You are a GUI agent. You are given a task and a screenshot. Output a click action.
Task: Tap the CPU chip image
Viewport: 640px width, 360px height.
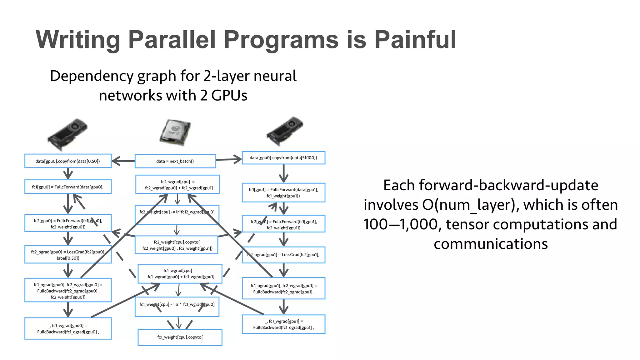pyautogui.click(x=175, y=132)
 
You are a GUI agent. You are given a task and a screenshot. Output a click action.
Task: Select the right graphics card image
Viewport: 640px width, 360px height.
pyautogui.click(x=285, y=131)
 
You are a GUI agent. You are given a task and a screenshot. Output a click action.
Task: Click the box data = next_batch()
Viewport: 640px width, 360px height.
pyautogui.click(x=175, y=161)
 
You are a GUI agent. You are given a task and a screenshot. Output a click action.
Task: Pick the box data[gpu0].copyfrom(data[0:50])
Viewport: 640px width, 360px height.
pyautogui.click(x=68, y=161)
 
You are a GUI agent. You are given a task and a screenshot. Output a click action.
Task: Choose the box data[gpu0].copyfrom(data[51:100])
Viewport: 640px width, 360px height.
pyautogui.click(x=283, y=158)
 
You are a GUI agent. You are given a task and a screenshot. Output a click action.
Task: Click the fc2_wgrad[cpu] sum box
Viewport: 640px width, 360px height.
pyautogui.click(x=178, y=185)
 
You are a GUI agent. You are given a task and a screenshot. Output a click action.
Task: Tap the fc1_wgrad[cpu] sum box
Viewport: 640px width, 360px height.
pyautogui.click(x=180, y=274)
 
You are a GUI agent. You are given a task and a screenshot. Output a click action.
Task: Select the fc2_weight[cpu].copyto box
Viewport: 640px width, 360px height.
pyautogui.click(x=177, y=245)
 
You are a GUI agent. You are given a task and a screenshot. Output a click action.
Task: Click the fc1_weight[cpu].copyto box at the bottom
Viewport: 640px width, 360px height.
pyautogui.click(x=180, y=337)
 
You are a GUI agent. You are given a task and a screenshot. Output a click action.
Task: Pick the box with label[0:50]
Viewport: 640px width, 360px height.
pyautogui.click(x=68, y=255)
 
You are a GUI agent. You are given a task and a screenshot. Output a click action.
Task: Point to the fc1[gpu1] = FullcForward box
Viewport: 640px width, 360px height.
pyautogui.click(x=283, y=192)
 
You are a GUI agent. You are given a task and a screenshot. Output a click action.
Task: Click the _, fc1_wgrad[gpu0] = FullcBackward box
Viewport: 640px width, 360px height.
pyautogui.click(x=68, y=328)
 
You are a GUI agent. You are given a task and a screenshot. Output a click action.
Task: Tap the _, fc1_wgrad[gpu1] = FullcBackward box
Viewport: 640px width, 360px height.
pyautogui.click(x=283, y=324)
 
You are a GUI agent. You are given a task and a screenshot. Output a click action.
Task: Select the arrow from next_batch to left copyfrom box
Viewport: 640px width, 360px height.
pyautogui.click(x=123, y=161)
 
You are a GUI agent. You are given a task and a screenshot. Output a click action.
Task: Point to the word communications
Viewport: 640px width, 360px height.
pyautogui.click(x=491, y=244)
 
